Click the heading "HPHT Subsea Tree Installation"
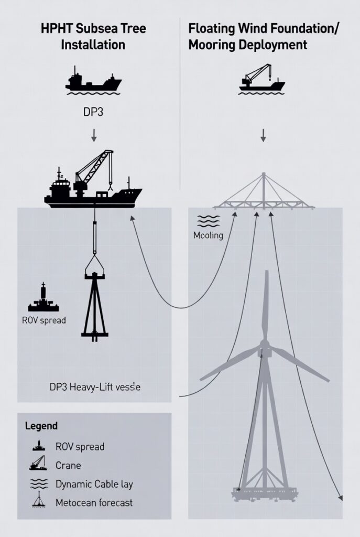[x=93, y=36]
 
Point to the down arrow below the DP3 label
[x=94, y=136]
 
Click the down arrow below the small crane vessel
[x=263, y=135]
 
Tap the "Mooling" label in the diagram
[x=208, y=235]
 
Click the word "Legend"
[x=41, y=426]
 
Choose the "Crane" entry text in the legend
[x=68, y=465]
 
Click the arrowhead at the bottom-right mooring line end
[x=341, y=497]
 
